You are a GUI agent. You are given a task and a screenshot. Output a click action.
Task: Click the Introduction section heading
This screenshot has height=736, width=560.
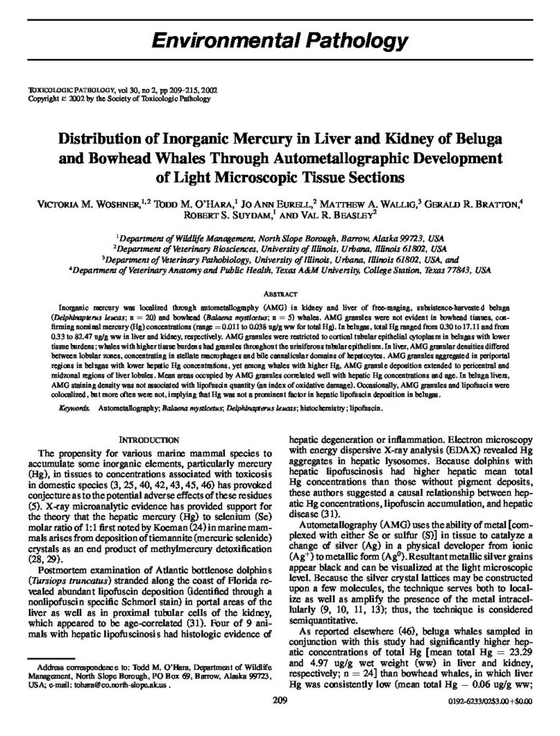[149, 438]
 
